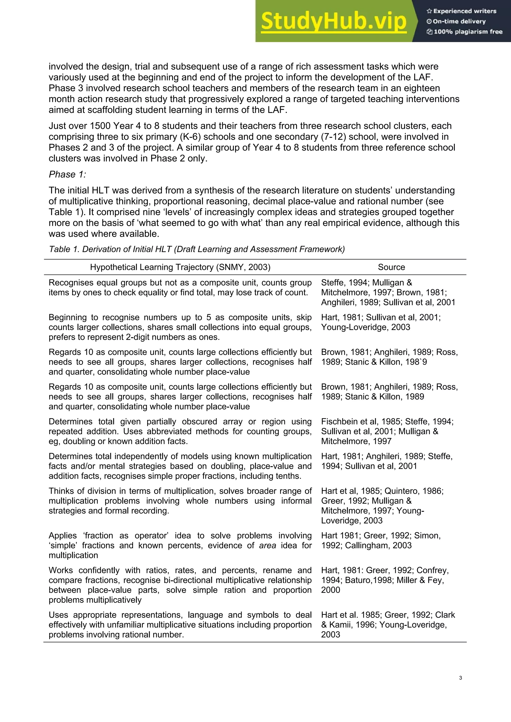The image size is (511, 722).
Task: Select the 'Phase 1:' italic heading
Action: (67, 174)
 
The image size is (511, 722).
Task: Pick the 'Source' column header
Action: (391, 267)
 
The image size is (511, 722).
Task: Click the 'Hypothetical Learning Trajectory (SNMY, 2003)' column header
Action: (180, 267)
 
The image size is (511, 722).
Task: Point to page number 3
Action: (460, 678)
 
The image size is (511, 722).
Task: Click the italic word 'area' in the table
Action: (267, 545)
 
